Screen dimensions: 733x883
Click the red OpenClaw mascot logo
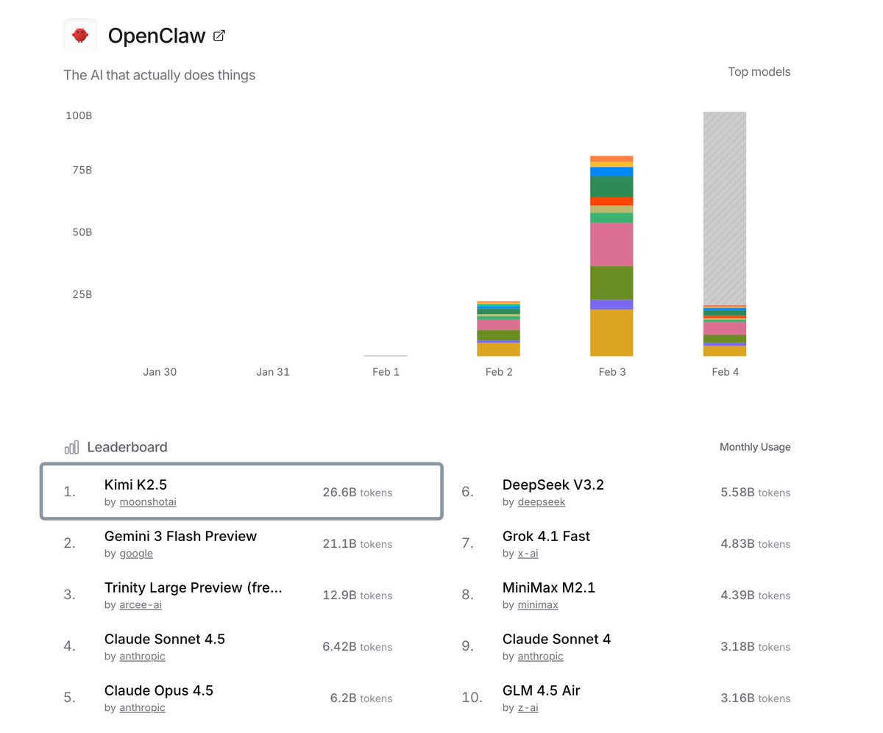(x=80, y=35)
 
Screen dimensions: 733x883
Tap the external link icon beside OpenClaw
(x=219, y=35)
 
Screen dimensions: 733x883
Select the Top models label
(x=759, y=72)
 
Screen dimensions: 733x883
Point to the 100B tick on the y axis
(x=79, y=116)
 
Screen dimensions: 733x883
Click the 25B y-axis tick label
(x=82, y=295)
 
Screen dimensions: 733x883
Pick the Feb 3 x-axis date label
(x=611, y=372)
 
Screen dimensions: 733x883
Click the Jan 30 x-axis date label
(x=160, y=372)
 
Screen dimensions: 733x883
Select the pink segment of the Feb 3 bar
(x=611, y=244)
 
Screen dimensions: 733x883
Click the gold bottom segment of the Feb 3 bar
(x=611, y=332)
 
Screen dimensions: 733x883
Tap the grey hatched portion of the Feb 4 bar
(x=725, y=206)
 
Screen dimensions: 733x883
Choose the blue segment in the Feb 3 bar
(x=611, y=172)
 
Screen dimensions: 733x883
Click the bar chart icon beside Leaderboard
(x=71, y=447)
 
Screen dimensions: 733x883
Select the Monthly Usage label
(x=755, y=447)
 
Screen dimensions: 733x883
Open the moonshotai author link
(x=148, y=502)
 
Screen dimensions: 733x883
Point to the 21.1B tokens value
(x=357, y=544)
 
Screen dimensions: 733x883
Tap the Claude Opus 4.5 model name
(x=159, y=690)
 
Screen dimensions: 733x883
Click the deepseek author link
(x=542, y=502)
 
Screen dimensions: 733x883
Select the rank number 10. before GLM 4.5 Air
(x=472, y=698)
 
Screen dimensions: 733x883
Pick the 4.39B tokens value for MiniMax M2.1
(x=755, y=596)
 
